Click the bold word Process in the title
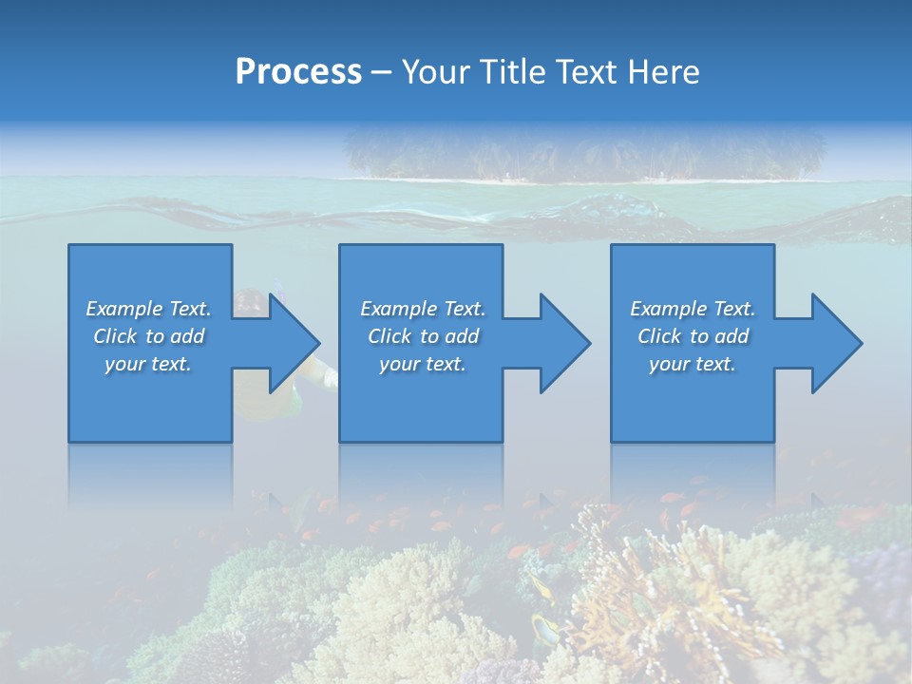point(298,72)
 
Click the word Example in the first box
point(123,309)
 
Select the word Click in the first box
point(115,336)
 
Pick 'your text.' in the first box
point(148,364)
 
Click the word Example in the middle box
point(398,309)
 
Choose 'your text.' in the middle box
point(422,364)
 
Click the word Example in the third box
point(668,309)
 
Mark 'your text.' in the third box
point(693,364)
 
